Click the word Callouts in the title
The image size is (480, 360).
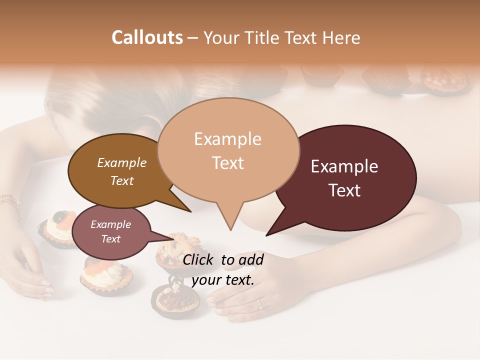[x=147, y=37]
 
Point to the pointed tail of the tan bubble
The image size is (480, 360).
[x=230, y=227]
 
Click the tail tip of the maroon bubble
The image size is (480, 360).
[x=267, y=234]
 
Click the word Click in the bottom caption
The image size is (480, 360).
[x=199, y=259]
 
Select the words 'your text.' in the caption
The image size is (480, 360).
[x=223, y=280]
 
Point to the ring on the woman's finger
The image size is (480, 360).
[x=259, y=303]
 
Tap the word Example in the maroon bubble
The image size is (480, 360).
[x=344, y=166]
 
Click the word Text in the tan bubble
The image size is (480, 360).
[x=228, y=163]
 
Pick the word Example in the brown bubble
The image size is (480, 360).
[x=122, y=162]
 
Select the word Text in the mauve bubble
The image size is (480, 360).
[x=111, y=239]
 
